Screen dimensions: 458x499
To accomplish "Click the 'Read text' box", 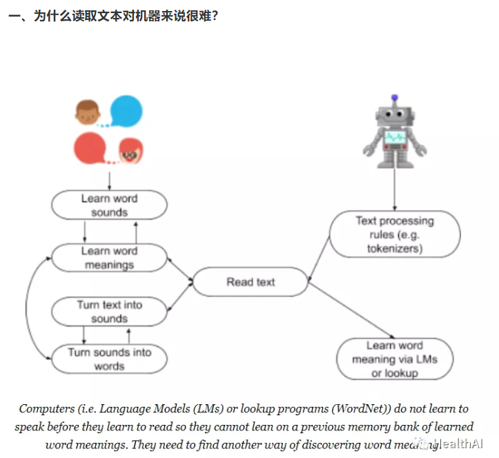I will coord(250,282).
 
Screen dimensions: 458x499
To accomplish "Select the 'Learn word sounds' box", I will coord(110,205).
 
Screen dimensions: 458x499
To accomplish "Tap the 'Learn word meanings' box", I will coord(110,257).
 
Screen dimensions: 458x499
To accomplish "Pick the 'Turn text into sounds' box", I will coord(110,311).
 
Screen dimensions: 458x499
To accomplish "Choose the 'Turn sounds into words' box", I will coord(110,359).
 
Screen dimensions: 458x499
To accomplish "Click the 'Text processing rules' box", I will coord(395,235).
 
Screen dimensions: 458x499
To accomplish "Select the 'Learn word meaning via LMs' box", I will coord(395,359).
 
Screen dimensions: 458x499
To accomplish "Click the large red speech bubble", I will coord(90,148).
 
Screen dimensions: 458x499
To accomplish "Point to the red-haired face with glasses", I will coord(129,152).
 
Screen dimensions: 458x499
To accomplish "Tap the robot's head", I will coord(395,114).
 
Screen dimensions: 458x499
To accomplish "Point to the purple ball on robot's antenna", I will coord(395,98).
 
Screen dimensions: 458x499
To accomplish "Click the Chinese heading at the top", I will coord(114,14).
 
